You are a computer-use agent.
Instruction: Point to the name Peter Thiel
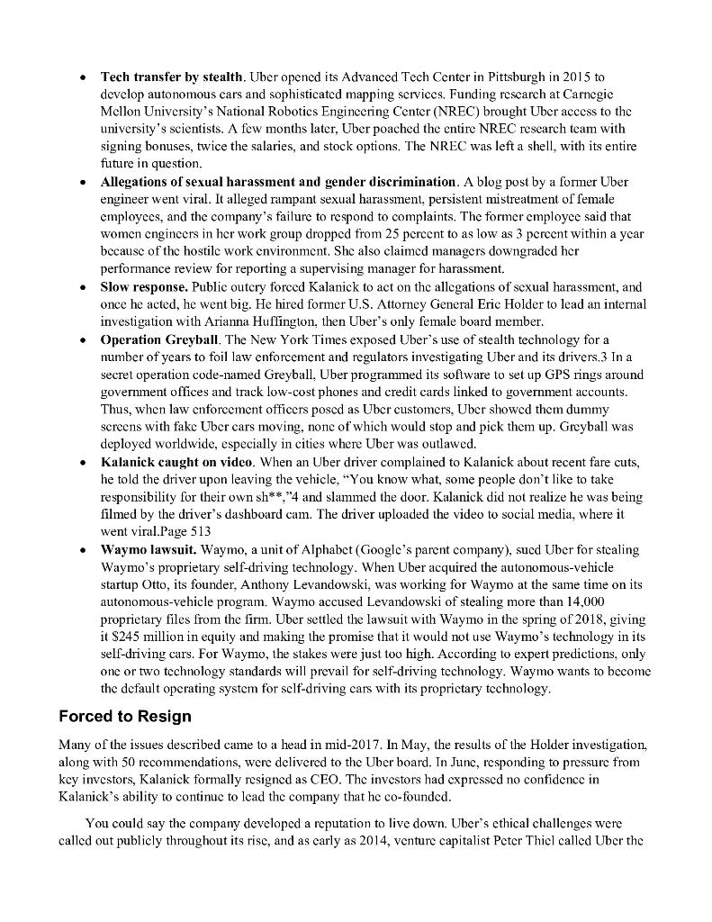(533, 840)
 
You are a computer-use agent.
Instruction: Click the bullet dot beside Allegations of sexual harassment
(82, 182)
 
